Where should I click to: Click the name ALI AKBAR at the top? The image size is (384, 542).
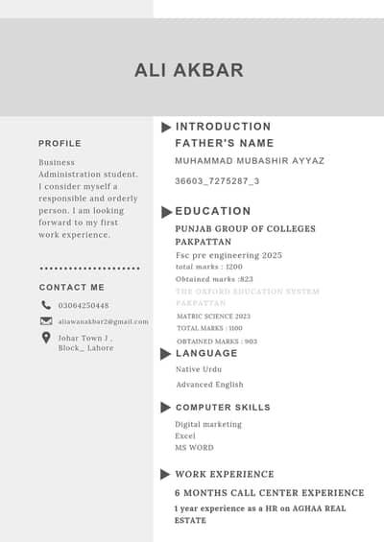tap(189, 70)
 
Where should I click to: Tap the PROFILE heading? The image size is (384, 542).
tap(60, 143)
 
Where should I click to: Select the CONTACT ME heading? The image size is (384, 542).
tap(72, 287)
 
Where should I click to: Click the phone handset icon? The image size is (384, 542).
tap(46, 305)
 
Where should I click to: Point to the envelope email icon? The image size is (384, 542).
tap(46, 321)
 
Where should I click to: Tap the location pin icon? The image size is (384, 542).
tap(46, 338)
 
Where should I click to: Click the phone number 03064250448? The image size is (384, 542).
tap(84, 306)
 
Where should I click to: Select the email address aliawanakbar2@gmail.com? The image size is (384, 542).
tap(104, 321)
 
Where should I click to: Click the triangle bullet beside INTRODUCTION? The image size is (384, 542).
tap(166, 127)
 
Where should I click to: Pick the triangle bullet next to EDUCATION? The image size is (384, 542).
tap(166, 211)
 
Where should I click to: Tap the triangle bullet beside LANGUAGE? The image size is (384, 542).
tap(166, 353)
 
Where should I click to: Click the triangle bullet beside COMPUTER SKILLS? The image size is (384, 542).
tap(166, 408)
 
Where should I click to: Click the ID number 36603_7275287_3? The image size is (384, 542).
tap(217, 180)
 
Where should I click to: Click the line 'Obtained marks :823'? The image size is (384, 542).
tap(214, 279)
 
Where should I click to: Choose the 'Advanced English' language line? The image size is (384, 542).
tap(209, 385)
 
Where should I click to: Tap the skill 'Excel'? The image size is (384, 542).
tap(185, 436)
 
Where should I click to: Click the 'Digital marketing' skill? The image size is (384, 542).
tap(208, 424)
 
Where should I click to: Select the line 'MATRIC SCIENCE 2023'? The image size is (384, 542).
tap(213, 316)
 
